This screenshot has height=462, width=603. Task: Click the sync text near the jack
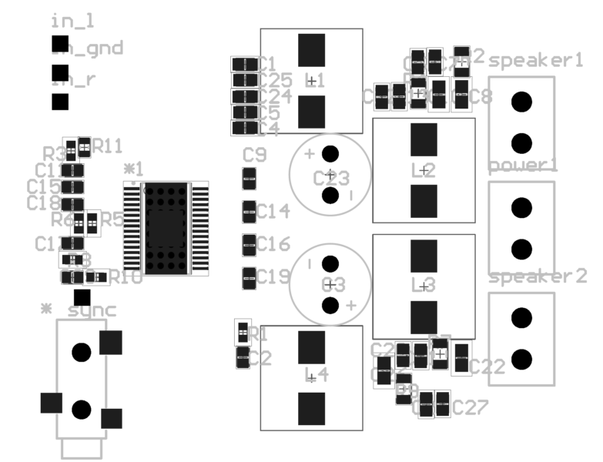[x=92, y=310]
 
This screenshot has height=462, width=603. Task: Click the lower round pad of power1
[x=521, y=248]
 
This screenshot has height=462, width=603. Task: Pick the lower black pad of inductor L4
[x=311, y=407]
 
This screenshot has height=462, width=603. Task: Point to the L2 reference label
[x=423, y=172]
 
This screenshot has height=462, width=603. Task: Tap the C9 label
[x=255, y=156]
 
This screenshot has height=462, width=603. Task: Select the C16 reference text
[x=273, y=245]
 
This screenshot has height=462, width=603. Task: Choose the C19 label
[x=273, y=276]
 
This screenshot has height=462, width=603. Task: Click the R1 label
[x=260, y=334]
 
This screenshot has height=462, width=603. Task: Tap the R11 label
[x=108, y=146]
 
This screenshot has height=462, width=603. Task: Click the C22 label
[x=487, y=367]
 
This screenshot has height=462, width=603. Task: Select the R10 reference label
[x=126, y=276]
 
